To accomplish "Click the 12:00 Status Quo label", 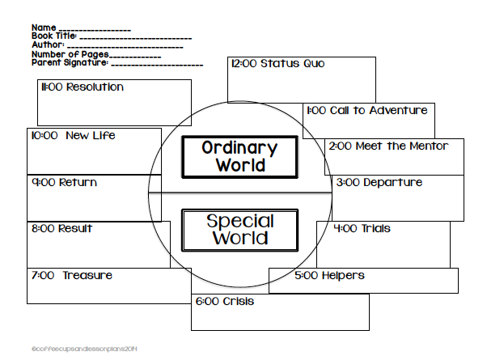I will (x=277, y=64).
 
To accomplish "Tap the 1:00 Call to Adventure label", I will (x=366, y=110).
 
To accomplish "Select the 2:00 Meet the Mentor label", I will (x=387, y=146).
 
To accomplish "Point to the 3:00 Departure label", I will (x=379, y=183).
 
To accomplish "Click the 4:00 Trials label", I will (x=362, y=229).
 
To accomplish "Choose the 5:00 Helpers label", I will (x=329, y=276).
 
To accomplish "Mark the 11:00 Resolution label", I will (x=82, y=87).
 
